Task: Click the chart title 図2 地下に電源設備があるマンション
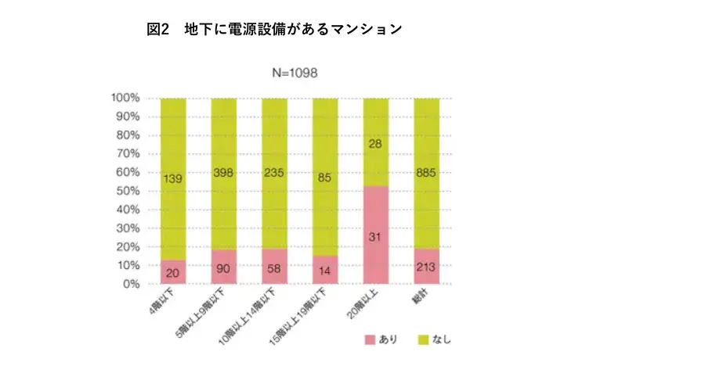274,30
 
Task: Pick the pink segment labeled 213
427,267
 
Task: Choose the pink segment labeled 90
224,267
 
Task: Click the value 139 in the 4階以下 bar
173,180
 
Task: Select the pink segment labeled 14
325,271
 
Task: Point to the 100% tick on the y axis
125,99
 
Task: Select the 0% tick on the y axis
131,285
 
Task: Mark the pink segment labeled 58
274,267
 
